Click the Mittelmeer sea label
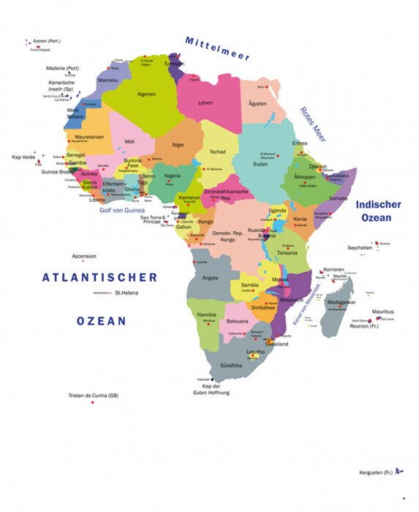click(217, 48)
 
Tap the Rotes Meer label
click(312, 124)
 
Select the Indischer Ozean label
click(377, 211)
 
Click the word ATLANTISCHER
click(99, 277)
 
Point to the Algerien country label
click(147, 94)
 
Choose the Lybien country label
click(206, 103)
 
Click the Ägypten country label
click(258, 103)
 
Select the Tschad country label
click(217, 151)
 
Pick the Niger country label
click(178, 145)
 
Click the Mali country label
click(129, 141)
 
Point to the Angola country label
click(210, 278)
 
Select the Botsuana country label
click(238, 321)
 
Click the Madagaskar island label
click(341, 302)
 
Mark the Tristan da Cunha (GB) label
click(93, 395)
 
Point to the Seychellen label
click(360, 247)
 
